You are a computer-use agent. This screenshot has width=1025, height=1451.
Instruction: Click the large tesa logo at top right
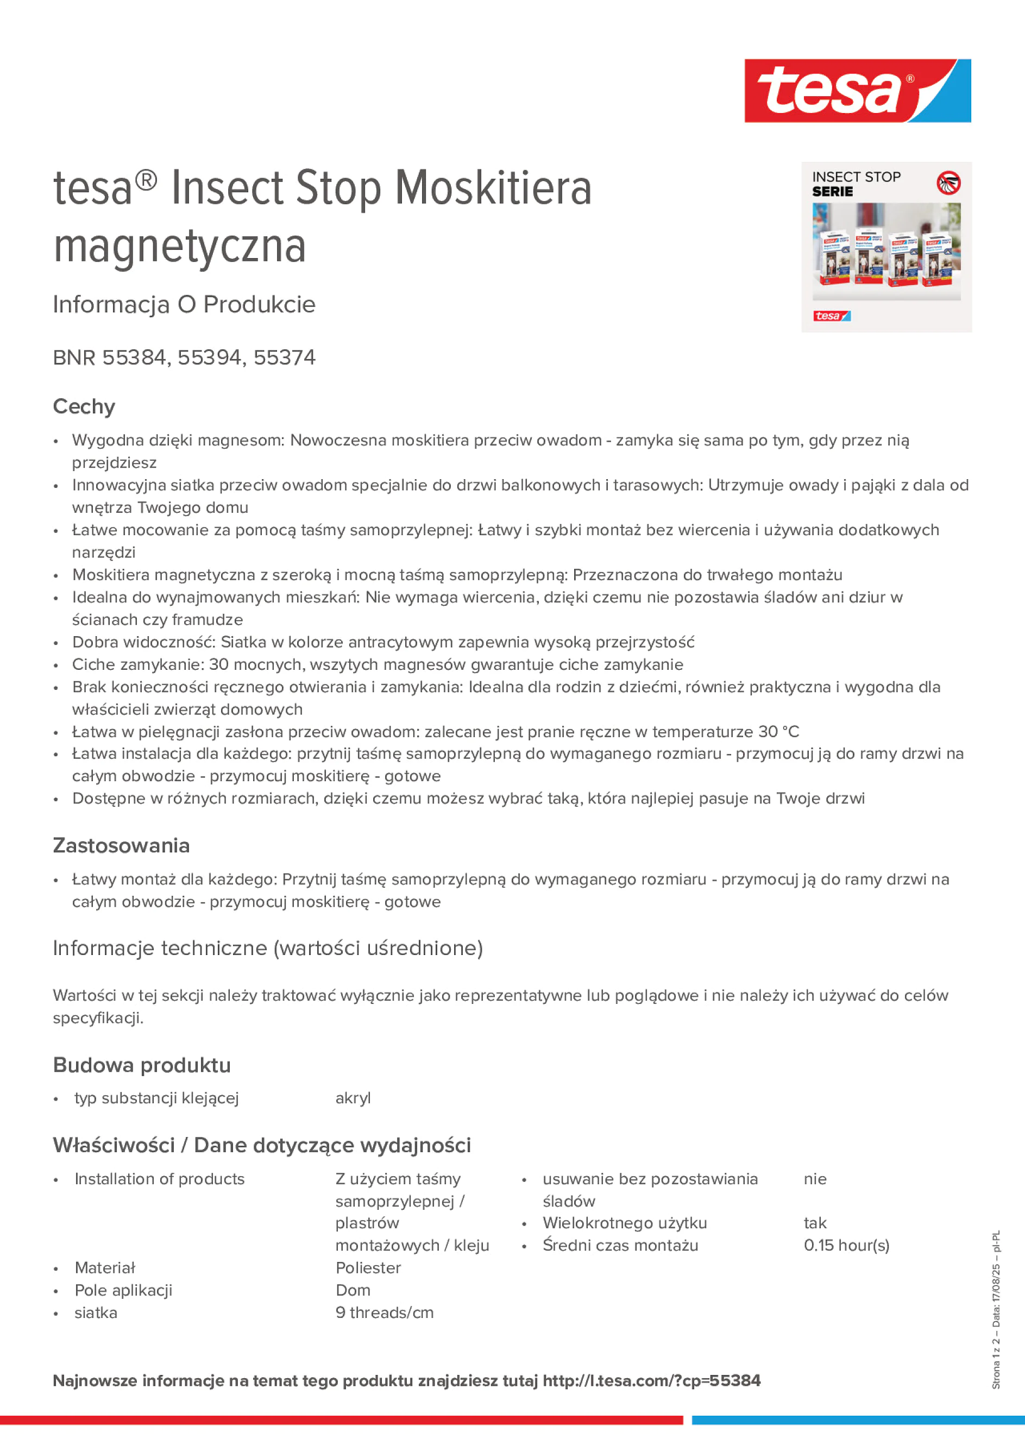pyautogui.click(x=857, y=91)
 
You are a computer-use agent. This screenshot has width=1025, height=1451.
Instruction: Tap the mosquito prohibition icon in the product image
pyautogui.click(x=948, y=183)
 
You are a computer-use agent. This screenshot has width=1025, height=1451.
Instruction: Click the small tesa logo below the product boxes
pyautogui.click(x=831, y=316)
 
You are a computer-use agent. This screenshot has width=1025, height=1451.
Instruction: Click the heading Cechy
pyautogui.click(x=84, y=406)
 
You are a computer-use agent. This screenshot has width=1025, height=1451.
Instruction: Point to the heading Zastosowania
pyautogui.click(x=121, y=846)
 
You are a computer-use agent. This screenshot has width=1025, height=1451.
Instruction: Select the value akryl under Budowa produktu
pyautogui.click(x=353, y=1098)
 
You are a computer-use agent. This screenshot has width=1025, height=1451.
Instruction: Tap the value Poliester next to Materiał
pyautogui.click(x=368, y=1268)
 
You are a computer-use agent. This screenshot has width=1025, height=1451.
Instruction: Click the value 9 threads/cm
pyautogui.click(x=384, y=1312)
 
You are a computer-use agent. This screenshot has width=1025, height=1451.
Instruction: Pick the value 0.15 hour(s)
pyautogui.click(x=846, y=1246)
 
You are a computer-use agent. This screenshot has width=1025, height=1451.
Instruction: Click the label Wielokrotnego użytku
pyautogui.click(x=624, y=1223)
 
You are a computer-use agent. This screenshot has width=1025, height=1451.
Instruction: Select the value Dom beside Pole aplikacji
pyautogui.click(x=353, y=1291)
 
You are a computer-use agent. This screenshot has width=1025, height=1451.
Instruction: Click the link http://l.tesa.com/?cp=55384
pyautogui.click(x=651, y=1380)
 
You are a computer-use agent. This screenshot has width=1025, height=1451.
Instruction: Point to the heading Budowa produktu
pyautogui.click(x=142, y=1065)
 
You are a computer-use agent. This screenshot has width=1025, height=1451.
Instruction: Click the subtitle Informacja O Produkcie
pyautogui.click(x=184, y=305)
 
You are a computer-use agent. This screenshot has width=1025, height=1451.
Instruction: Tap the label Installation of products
pyautogui.click(x=159, y=1179)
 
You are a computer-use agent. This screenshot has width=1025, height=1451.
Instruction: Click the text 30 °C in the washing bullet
pyautogui.click(x=778, y=731)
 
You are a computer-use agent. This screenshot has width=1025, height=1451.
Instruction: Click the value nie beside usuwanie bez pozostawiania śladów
pyautogui.click(x=815, y=1179)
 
